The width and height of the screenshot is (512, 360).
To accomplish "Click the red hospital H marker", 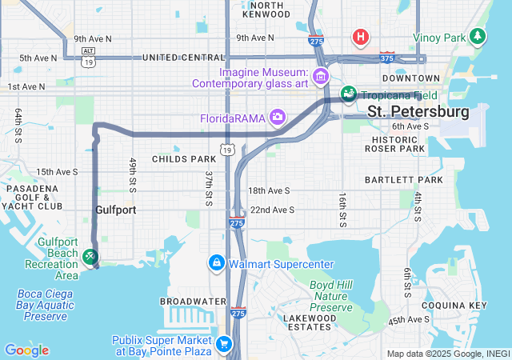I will pyautogui.click(x=361, y=37).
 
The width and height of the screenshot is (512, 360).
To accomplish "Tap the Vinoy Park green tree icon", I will pyautogui.click(x=478, y=37).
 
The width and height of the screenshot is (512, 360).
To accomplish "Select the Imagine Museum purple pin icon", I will pyautogui.click(x=321, y=77).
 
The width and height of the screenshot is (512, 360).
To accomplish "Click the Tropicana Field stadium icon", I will pyautogui.click(x=348, y=94).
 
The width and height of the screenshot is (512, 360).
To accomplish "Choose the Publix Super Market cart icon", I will pyautogui.click(x=225, y=344).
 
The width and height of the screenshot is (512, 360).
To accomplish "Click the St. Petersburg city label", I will pyautogui.click(x=418, y=110).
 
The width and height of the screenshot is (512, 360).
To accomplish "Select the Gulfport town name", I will pyautogui.click(x=115, y=210).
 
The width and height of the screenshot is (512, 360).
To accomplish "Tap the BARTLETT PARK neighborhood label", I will pyautogui.click(x=404, y=180).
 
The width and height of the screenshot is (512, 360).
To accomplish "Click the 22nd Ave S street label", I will pyautogui.click(x=272, y=210).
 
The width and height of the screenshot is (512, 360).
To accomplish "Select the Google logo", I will pyautogui.click(x=26, y=350).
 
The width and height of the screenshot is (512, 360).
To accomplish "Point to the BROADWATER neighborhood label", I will pyautogui.click(x=193, y=302).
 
